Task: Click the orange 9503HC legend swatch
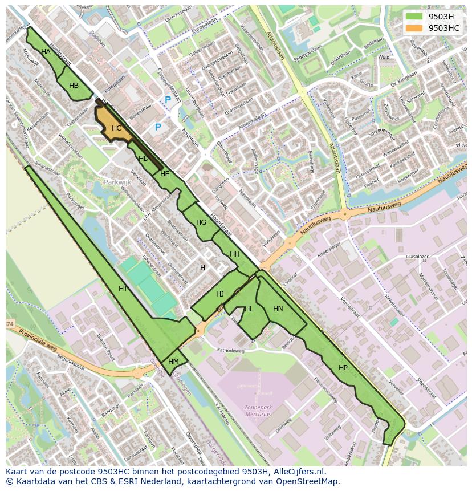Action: point(414,28)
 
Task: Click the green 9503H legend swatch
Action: point(414,16)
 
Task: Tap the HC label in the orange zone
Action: point(117,128)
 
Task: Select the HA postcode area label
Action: point(46,52)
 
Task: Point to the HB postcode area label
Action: point(74,86)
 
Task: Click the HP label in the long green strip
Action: point(343,368)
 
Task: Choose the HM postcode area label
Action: point(174,362)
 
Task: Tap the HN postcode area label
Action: point(278,309)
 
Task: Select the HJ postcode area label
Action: point(220,294)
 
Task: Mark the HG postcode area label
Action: point(201,222)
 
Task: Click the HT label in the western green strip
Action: point(123,289)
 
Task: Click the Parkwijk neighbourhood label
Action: point(117,182)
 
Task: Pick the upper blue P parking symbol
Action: point(168,100)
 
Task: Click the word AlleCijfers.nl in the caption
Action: point(298,472)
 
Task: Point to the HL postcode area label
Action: point(249,309)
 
